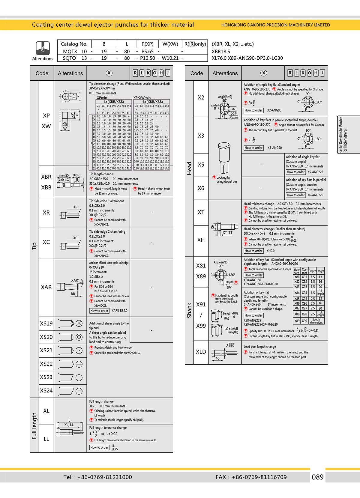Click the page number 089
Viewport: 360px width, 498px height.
click(x=318, y=477)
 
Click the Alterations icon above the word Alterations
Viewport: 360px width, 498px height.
click(x=43, y=48)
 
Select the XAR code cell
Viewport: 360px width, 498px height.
click(x=46, y=287)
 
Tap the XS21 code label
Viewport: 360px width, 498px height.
click(x=46, y=350)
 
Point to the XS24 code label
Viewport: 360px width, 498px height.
click(x=46, y=390)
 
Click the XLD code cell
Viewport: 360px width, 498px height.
click(x=201, y=352)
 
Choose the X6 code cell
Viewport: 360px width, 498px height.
click(x=201, y=188)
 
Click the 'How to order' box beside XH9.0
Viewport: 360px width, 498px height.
click(x=253, y=251)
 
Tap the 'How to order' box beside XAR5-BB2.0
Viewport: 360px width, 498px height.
click(x=99, y=311)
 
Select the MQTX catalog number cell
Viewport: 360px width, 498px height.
click(x=70, y=52)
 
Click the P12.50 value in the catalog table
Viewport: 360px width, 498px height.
click(x=148, y=58)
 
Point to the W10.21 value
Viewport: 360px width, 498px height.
click(x=170, y=58)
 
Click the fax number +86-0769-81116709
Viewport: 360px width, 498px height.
click(x=259, y=477)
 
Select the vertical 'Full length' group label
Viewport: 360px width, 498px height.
click(x=34, y=426)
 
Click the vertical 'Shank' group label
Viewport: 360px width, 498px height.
click(x=189, y=310)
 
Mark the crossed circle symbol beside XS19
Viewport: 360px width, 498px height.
click(x=79, y=324)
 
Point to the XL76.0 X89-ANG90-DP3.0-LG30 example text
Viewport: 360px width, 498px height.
click(x=247, y=58)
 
